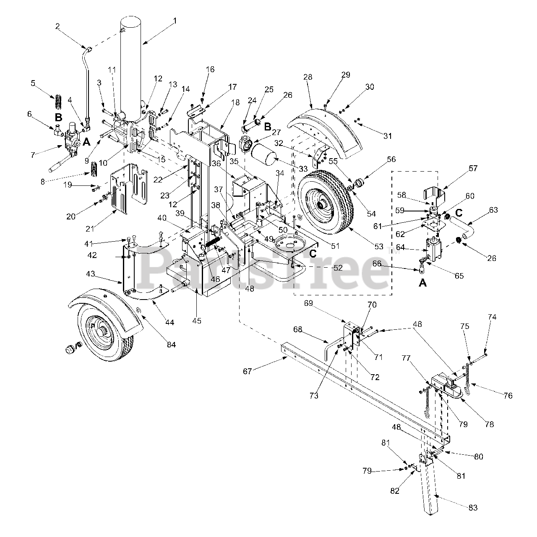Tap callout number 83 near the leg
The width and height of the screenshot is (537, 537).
pyautogui.click(x=472, y=508)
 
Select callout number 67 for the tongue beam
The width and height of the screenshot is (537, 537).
pyautogui.click(x=248, y=371)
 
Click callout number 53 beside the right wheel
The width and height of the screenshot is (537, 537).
pyautogui.click(x=378, y=247)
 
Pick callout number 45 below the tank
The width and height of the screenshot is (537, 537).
pyautogui.click(x=197, y=321)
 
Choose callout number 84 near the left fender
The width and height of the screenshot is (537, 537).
pyautogui.click(x=171, y=344)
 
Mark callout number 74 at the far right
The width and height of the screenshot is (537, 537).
pyautogui.click(x=492, y=317)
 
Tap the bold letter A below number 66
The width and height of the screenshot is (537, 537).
pyautogui.click(x=422, y=283)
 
